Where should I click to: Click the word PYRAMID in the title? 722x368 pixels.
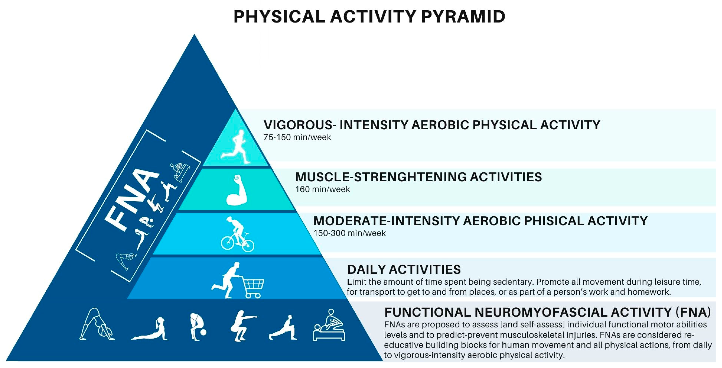click(x=463, y=17)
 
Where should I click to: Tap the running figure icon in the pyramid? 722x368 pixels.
click(x=235, y=146)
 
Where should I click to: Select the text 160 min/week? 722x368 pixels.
click(x=323, y=189)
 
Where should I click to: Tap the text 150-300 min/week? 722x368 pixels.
click(x=349, y=233)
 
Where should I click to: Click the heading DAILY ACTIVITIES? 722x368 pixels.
click(x=404, y=270)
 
